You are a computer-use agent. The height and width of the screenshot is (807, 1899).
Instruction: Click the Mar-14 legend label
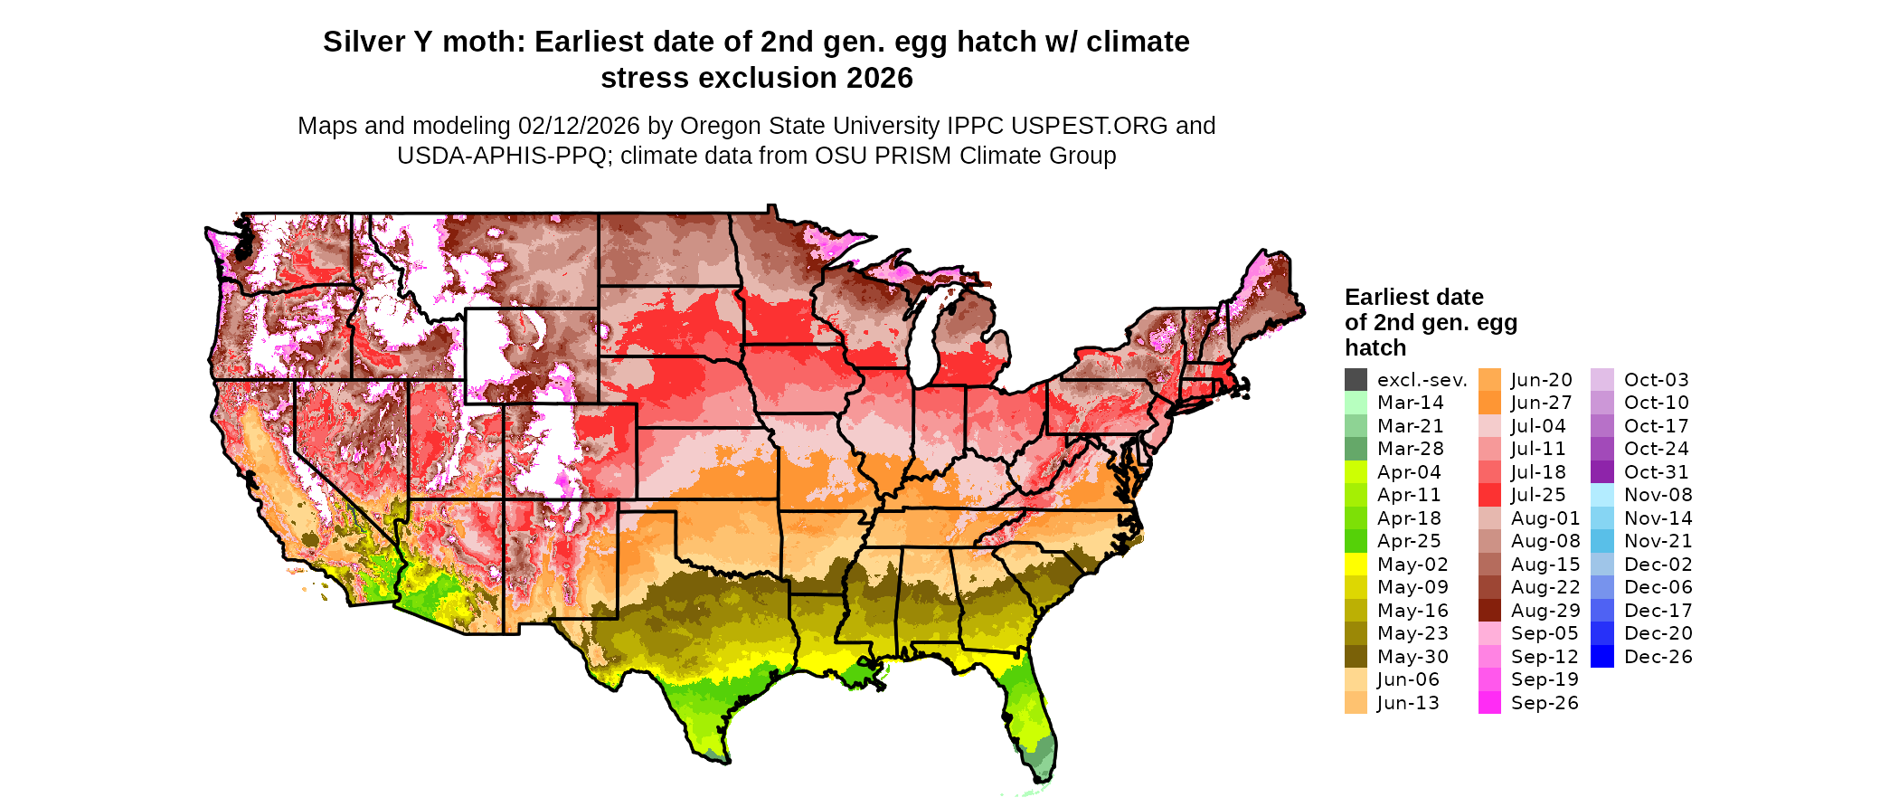[1410, 403]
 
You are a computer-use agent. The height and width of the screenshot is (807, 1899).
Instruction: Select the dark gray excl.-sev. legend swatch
[1356, 380]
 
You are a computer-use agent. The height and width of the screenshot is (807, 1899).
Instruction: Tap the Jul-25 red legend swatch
[1489, 495]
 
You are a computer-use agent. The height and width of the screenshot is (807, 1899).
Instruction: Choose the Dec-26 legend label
[1658, 657]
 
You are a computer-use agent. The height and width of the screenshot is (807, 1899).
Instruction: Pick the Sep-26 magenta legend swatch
[1489, 703]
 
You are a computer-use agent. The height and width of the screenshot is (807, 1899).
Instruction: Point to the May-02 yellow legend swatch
[1356, 565]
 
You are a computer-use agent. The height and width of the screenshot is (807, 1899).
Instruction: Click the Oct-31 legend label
[1656, 472]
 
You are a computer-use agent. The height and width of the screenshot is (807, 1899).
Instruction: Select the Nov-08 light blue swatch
[1601, 495]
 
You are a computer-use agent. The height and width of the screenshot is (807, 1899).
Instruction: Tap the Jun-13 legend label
[1408, 703]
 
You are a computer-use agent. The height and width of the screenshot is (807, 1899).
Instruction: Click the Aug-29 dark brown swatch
[1489, 611]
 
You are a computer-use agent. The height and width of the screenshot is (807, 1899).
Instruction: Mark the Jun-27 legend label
[1541, 403]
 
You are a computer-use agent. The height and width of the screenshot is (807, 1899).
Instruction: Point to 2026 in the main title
[880, 78]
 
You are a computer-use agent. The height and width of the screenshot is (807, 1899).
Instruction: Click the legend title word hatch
[1375, 347]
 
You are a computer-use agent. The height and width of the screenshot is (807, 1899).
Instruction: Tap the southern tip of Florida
[1040, 780]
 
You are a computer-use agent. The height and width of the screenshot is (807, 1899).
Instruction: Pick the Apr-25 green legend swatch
[1356, 541]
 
